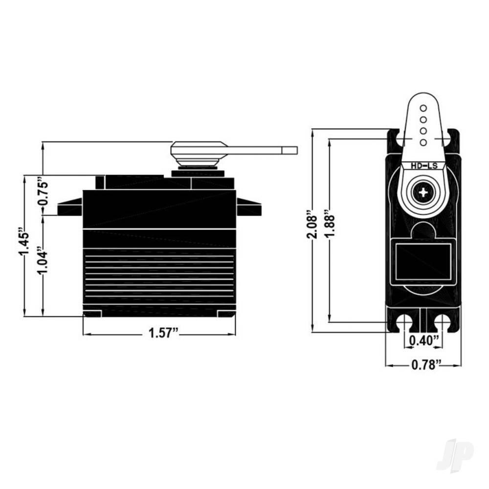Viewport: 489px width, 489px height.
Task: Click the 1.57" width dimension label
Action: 163,333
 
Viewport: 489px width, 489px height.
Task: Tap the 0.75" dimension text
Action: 43,191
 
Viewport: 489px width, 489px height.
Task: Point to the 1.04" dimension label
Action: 43,260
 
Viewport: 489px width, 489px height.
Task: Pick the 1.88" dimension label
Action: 330,221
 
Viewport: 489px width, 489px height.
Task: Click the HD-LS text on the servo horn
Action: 424,166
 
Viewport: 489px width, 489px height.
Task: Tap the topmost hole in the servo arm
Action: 423,108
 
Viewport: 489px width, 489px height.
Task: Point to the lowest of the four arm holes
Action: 423,142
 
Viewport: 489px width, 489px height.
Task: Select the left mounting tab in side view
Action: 70,206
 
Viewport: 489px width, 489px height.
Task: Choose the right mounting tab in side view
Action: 249,206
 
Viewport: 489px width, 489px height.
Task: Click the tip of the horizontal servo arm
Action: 297,150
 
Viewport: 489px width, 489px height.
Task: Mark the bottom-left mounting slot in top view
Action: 405,323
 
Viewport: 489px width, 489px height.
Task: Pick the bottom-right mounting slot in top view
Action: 442,323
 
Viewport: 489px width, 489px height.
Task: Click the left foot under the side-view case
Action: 92,314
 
